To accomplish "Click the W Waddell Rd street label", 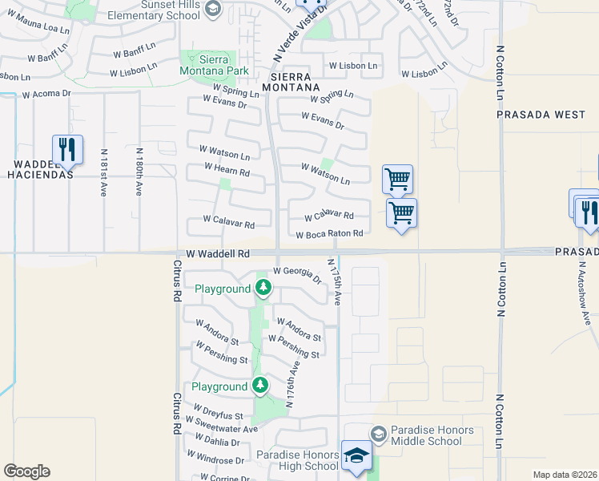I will click(x=219, y=253).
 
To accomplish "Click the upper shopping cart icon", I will click(x=397, y=180).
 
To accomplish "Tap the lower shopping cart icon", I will click(x=401, y=214).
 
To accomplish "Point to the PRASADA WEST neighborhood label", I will click(x=541, y=115).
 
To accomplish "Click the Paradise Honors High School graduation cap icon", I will click(x=356, y=456).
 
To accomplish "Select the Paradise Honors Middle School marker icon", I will click(x=378, y=434).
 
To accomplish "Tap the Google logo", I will click(x=26, y=471).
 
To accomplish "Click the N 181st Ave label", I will click(x=103, y=172).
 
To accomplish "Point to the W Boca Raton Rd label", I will click(x=329, y=234).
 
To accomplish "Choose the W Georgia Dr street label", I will click(x=297, y=275).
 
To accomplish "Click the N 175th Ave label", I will click(x=337, y=281).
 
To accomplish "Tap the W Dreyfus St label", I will click(x=217, y=415).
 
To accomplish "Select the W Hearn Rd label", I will click(x=227, y=170).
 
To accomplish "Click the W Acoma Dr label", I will click(x=46, y=94).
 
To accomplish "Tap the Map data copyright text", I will click(x=565, y=475).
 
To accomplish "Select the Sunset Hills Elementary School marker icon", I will click(x=213, y=9).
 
